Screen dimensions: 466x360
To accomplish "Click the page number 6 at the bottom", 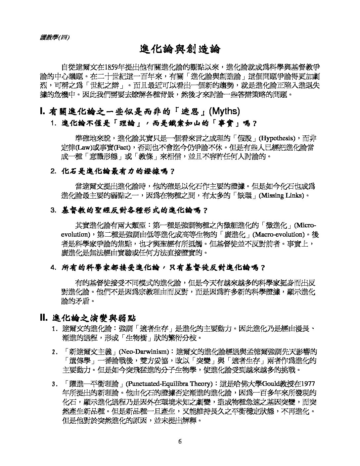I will click(x=180, y=442).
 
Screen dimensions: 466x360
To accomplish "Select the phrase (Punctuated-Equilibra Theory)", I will click(x=169, y=384).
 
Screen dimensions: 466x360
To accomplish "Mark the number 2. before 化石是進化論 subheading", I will click(x=54, y=171).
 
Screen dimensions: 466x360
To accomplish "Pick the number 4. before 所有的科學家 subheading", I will click(x=54, y=267).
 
